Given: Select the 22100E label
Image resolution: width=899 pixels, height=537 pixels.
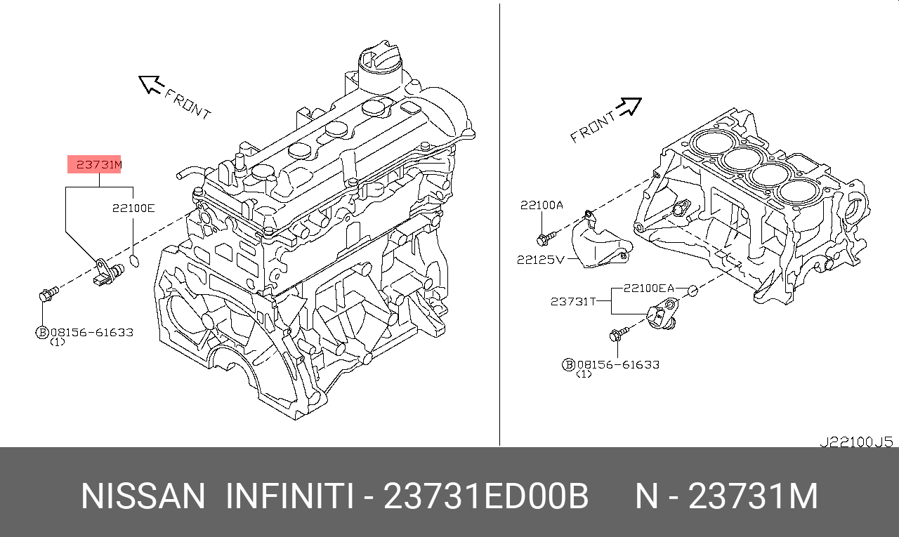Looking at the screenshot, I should pos(133,208).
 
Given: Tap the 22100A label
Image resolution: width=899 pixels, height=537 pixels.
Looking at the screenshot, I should pos(542,205).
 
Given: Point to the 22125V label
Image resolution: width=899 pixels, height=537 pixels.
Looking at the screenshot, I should pos(540,259).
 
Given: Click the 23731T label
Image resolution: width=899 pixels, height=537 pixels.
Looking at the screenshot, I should pos(573,301).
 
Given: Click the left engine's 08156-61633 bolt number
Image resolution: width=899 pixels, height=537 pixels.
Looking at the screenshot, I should pos(91,332).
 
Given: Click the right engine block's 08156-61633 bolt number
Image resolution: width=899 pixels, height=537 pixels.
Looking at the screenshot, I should pos(617,364).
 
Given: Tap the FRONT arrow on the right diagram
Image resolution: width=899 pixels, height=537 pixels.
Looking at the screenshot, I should pos(629,107).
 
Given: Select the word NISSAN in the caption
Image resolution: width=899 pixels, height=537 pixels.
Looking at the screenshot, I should pos(143,497).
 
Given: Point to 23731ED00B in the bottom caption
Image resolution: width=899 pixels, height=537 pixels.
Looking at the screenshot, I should pos(485,497).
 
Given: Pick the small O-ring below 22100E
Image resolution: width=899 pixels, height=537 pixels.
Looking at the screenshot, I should pos(136,261).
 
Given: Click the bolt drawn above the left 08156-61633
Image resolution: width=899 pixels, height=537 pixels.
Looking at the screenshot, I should pos(48,295).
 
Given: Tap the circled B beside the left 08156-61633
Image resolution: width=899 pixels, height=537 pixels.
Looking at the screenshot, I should pos(41,333).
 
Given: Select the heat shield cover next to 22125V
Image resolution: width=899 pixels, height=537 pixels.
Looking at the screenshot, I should pos(597,242).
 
